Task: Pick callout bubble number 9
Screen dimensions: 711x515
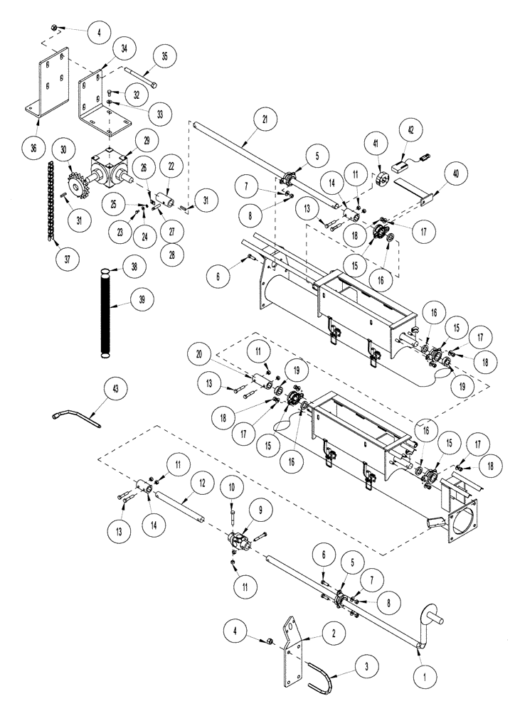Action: click(x=255, y=509)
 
